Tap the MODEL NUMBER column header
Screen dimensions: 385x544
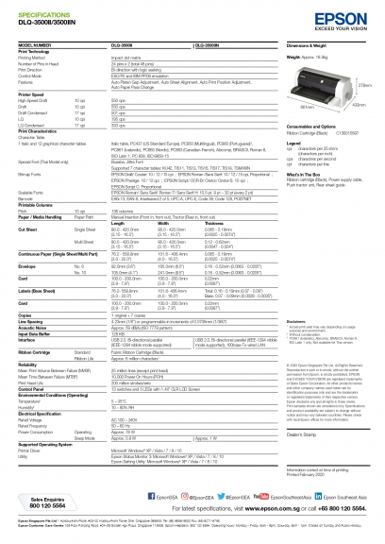37,45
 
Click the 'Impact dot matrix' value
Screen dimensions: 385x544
129,57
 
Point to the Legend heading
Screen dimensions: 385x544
267,142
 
